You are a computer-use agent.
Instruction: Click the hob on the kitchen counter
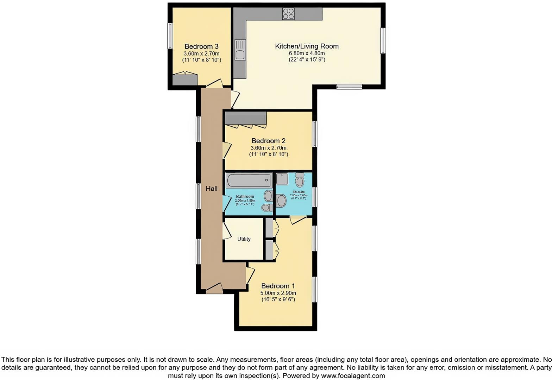coord(288,14)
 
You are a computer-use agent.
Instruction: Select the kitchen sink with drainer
coord(240,50)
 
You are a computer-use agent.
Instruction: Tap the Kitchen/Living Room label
coord(307,46)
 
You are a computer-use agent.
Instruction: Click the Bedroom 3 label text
coord(201,46)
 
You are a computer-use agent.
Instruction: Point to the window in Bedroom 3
coord(170,36)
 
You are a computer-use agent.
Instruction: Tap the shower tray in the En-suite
coord(282,178)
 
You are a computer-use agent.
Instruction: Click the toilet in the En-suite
coord(300,180)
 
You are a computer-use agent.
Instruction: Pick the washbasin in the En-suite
coord(281,201)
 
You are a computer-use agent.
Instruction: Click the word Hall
coord(211,189)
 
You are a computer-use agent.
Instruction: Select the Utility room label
coord(244,239)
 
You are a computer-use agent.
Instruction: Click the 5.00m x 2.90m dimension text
coord(278,293)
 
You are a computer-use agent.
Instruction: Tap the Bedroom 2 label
coord(268,141)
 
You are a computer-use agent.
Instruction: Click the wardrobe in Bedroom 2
coord(245,118)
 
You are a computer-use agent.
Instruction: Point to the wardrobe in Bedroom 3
coord(185,80)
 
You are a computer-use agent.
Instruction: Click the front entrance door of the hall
coord(214,288)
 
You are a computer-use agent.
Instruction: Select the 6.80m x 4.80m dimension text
coord(307,53)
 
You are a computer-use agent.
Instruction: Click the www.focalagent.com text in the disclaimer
coord(353,375)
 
